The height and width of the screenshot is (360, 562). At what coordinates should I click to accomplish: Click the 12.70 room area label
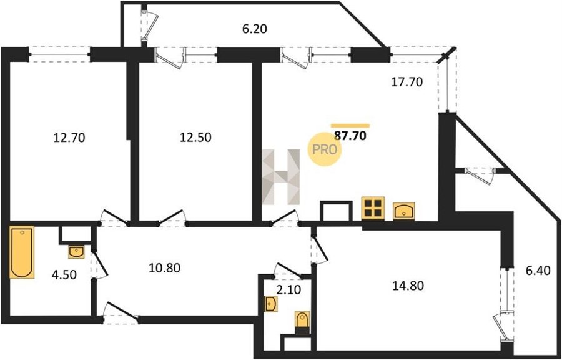point(69,137)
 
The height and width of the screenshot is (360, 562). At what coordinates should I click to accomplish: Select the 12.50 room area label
point(195,137)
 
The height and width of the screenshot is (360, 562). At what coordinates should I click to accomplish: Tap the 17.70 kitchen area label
point(406,82)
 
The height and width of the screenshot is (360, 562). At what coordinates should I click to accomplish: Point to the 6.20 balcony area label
point(255,29)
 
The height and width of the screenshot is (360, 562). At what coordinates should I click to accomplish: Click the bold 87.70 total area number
point(350,136)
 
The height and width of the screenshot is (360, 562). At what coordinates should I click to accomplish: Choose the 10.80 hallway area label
point(164,267)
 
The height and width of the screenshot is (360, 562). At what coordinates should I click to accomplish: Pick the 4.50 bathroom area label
point(64,276)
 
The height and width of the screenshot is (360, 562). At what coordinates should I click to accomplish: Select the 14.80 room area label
point(408,286)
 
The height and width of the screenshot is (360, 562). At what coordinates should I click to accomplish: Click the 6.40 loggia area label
point(538,271)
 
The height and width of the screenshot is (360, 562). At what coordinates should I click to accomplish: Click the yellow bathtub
point(22,252)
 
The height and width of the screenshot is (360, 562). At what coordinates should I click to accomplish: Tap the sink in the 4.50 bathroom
point(76,252)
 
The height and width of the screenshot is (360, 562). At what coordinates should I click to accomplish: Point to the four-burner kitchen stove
point(373,208)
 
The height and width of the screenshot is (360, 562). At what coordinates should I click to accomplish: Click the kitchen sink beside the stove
point(404,211)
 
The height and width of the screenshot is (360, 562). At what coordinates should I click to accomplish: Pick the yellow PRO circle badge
point(324,149)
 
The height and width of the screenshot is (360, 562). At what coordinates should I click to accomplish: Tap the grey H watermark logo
point(280,177)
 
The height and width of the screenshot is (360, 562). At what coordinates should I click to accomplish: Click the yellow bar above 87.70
point(350,126)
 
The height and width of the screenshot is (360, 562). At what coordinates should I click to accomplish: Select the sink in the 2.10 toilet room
point(270,304)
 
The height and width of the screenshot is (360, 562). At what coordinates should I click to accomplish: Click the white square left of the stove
point(336,211)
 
